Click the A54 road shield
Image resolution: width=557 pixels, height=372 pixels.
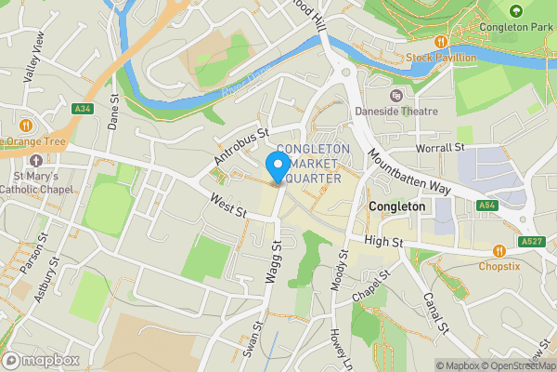click(x=487, y=205)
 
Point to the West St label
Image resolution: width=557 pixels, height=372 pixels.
click(x=227, y=206)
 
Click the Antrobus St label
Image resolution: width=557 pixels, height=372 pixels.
click(x=240, y=147)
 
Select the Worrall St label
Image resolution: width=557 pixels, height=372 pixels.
click(x=440, y=147)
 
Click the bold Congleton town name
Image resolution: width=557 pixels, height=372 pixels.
click(x=396, y=206)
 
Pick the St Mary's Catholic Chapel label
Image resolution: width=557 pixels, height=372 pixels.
click(x=35, y=183)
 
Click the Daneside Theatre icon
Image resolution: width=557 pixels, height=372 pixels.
click(x=396, y=95)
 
